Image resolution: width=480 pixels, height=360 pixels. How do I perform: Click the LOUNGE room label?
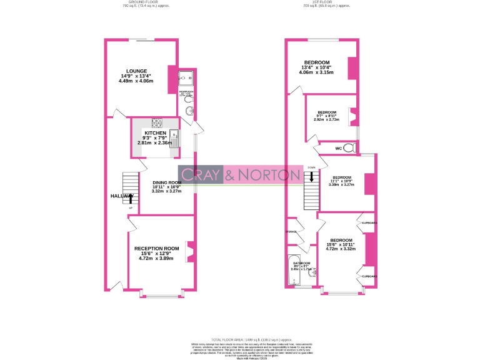click(136, 71)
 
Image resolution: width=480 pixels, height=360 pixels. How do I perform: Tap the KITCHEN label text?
click(156, 134)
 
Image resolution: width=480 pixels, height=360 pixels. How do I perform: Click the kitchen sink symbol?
click(175, 137)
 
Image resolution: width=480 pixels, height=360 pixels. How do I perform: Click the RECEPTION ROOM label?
click(157, 248)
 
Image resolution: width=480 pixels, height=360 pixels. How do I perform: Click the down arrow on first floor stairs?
click(311, 177)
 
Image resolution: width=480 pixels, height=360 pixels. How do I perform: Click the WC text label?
click(338, 149)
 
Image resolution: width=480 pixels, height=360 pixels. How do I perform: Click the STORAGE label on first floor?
click(291, 232)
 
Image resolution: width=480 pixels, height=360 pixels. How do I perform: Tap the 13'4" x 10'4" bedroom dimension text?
click(317, 67)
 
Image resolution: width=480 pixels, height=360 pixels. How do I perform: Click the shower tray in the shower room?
click(185, 79)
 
